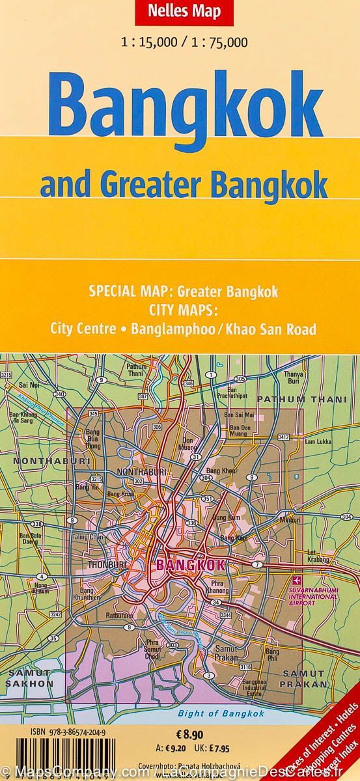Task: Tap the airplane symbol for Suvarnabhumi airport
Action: [298, 580]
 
